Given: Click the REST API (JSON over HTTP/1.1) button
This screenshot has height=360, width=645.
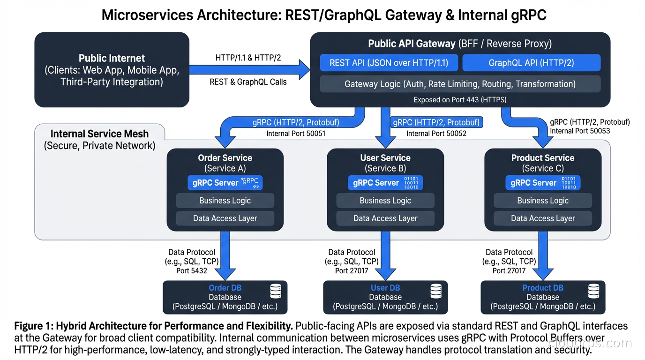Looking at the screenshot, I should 389,63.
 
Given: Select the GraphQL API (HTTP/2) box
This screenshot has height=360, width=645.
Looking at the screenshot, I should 531,63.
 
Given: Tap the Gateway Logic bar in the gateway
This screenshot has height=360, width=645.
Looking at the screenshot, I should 460,84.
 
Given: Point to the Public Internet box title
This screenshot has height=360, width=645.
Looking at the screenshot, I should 112,59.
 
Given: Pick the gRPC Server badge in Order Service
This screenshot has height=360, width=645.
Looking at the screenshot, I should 225,183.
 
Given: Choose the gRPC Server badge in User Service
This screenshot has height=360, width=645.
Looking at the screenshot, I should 385,183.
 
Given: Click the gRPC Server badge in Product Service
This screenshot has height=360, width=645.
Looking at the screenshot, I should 543,183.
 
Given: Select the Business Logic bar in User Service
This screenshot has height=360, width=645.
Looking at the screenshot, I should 385,201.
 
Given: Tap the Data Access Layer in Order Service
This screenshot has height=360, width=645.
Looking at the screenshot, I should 225,218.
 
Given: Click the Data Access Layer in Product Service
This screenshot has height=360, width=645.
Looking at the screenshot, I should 543,218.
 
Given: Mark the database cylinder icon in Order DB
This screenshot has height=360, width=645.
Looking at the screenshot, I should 276,291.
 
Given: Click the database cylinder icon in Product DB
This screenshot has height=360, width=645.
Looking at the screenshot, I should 593,291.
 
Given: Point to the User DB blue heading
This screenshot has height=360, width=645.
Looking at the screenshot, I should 385,288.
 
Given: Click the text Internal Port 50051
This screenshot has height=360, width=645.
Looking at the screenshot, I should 296,134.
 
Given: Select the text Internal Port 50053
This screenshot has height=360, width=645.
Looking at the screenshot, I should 580,131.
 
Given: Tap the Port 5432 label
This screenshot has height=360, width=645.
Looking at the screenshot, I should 191,270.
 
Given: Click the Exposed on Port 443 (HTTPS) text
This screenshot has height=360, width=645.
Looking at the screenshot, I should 460,100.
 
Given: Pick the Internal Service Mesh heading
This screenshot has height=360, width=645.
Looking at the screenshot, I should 99,134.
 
